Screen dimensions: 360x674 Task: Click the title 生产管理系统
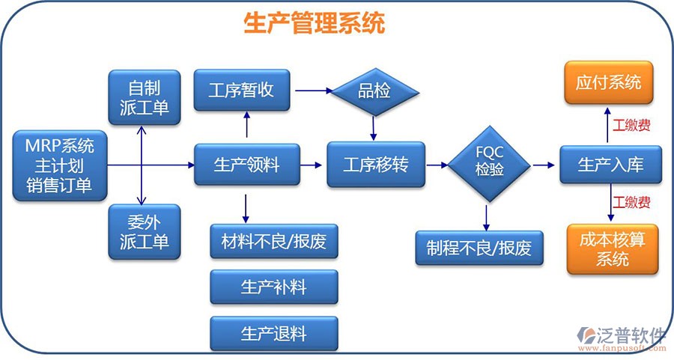click(315, 23)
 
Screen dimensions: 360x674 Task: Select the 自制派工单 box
click(144, 97)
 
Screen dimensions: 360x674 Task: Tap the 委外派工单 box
click(144, 231)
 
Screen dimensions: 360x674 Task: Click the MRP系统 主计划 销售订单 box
click(59, 165)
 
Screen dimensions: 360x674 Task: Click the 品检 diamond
click(374, 92)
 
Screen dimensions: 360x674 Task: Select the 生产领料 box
click(246, 165)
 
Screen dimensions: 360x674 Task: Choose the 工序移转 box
click(376, 165)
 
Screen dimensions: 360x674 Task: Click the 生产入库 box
click(610, 165)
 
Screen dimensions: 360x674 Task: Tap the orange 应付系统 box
click(608, 82)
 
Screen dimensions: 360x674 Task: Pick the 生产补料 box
click(273, 287)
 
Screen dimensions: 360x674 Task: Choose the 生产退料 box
click(273, 333)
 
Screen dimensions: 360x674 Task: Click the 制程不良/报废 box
click(479, 248)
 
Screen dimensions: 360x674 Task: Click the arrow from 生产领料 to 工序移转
click(313, 165)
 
